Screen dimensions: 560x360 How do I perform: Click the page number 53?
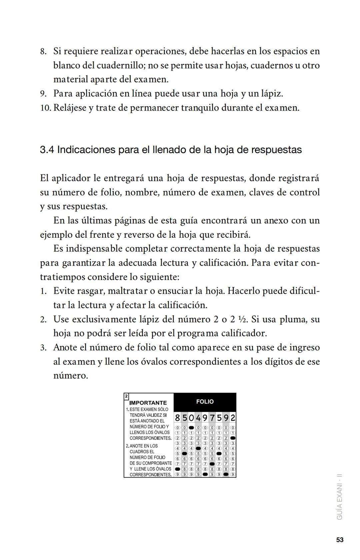[340, 540]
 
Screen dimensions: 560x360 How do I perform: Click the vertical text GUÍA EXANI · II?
[340, 496]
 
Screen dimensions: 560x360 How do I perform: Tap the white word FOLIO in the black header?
[205, 402]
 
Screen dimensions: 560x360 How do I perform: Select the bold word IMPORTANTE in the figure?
[148, 403]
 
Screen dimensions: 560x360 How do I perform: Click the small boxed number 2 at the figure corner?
[126, 396]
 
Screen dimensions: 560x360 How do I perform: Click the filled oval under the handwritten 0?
[191, 428]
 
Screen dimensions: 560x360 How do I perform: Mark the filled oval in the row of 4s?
[198, 448]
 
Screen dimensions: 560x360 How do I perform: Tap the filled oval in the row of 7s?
[212, 464]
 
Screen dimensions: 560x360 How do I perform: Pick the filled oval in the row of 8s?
[177, 469]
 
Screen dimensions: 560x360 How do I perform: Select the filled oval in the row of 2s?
[233, 438]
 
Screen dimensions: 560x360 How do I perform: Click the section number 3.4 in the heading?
[47, 150]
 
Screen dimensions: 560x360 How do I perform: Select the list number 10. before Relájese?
[46, 108]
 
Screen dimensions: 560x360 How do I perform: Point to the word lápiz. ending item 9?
[271, 94]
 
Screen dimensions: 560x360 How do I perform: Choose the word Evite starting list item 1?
[64, 291]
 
